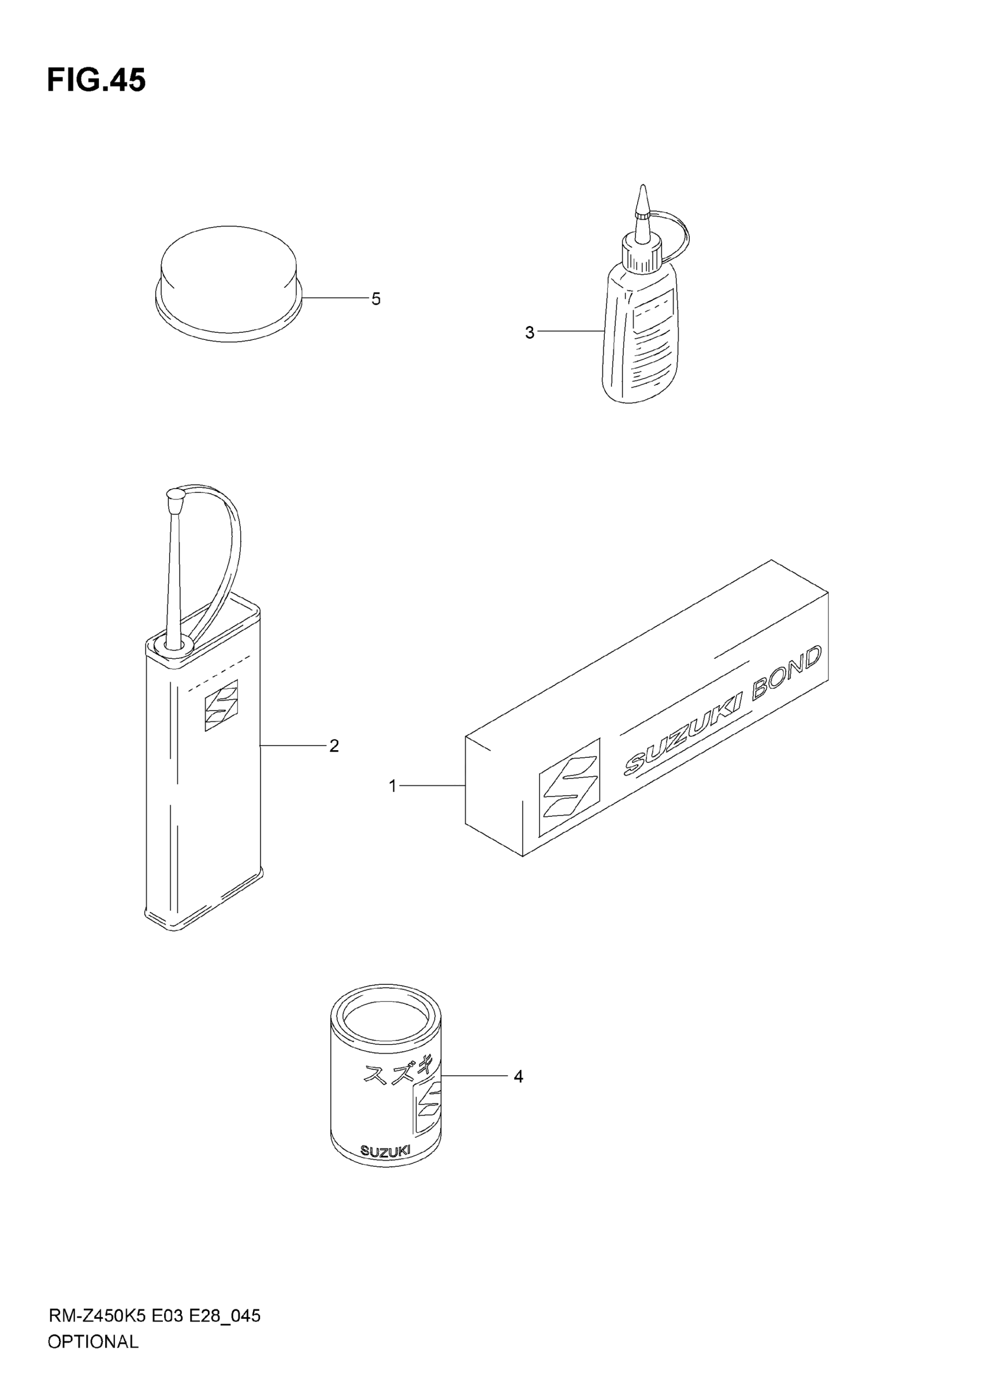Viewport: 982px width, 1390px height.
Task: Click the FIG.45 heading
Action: pos(96,80)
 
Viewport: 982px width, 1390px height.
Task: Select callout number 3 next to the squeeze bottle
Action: pos(530,332)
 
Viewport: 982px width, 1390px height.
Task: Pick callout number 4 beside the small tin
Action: pos(518,1076)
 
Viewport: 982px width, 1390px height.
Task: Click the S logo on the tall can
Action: pos(221,705)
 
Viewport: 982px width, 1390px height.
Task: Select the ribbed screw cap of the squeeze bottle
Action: pos(640,256)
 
